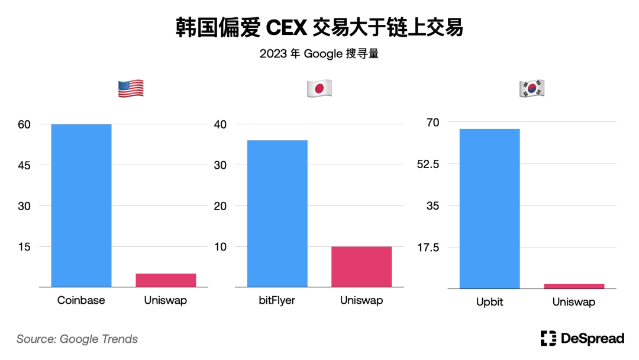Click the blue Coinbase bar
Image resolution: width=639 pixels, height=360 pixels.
click(x=81, y=205)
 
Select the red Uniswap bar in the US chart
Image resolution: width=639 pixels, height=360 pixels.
click(x=166, y=280)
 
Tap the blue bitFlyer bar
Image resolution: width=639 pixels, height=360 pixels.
click(x=277, y=213)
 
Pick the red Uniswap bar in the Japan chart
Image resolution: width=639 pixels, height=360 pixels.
click(x=362, y=266)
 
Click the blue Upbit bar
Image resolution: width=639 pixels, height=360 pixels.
click(x=489, y=208)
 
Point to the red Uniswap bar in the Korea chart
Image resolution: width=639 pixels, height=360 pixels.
click(x=574, y=286)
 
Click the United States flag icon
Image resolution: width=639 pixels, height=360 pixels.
click(x=131, y=89)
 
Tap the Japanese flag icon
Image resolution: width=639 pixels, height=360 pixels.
click(x=319, y=89)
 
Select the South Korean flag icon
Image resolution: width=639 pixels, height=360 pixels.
click(x=531, y=88)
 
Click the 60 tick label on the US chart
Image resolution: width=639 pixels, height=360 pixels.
click(x=24, y=124)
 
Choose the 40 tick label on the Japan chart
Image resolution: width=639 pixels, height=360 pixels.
click(x=220, y=124)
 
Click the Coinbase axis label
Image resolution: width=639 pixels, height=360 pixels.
click(x=81, y=300)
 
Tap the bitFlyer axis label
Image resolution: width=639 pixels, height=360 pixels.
click(x=277, y=300)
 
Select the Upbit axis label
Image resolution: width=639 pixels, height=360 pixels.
click(x=489, y=302)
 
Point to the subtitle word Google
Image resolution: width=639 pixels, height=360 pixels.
click(x=323, y=54)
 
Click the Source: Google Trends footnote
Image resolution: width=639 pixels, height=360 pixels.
click(x=77, y=339)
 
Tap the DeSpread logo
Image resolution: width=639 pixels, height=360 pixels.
click(x=582, y=339)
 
